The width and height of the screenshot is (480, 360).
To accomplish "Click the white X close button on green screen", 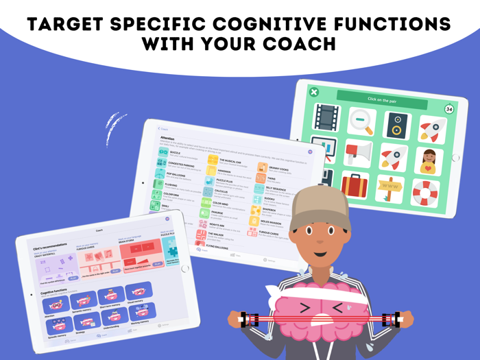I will [313, 92].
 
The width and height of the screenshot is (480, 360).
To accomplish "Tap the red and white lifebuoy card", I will [425, 192].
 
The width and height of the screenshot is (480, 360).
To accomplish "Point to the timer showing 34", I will [449, 109].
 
